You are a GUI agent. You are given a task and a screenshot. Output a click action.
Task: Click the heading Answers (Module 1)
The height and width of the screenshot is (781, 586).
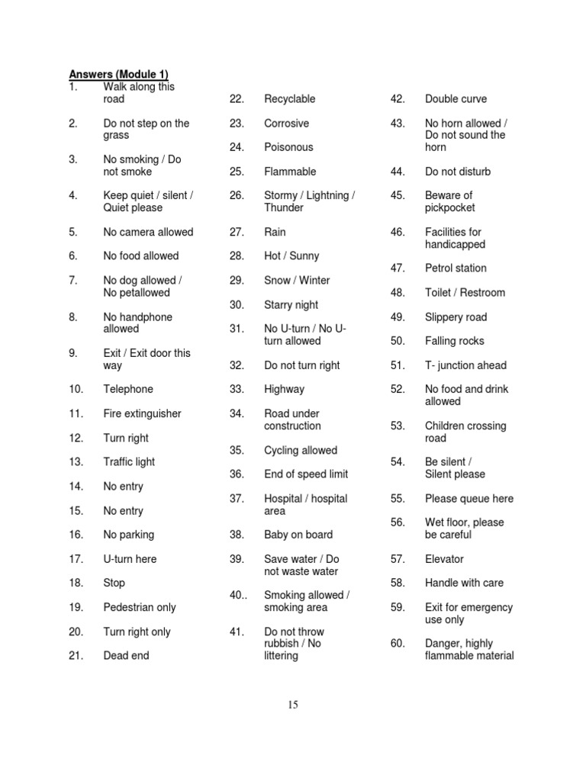tap(118, 74)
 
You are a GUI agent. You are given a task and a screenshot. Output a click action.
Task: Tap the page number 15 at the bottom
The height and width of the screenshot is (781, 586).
tap(293, 705)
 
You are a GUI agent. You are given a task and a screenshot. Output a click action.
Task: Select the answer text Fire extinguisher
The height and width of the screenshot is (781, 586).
tap(143, 413)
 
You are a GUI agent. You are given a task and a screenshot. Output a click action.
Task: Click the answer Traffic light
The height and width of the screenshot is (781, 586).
tap(129, 462)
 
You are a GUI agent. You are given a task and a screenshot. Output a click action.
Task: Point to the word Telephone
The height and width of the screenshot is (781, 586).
tap(128, 389)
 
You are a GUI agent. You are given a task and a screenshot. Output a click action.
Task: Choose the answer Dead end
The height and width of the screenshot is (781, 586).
tap(127, 655)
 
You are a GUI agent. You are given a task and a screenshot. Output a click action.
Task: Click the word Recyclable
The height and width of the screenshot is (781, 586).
tap(290, 99)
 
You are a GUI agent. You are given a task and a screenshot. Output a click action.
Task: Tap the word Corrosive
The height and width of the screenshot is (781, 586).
tap(287, 123)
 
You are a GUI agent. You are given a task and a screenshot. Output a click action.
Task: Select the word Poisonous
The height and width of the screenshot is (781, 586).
tap(288, 147)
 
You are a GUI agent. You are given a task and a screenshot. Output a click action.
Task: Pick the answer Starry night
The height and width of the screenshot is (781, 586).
tap(291, 304)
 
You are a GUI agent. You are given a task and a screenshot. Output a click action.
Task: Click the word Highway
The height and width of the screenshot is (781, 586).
tap(284, 389)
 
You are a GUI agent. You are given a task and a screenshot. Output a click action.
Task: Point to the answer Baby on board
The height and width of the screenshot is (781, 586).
tap(298, 535)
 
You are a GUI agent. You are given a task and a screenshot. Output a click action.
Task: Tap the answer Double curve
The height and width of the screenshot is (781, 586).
tap(456, 99)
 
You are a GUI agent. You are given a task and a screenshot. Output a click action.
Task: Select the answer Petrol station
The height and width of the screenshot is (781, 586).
tap(456, 268)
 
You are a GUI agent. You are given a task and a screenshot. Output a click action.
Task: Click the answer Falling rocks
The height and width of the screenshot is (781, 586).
tap(455, 341)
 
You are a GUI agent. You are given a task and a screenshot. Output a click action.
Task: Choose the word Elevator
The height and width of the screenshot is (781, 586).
tap(444, 559)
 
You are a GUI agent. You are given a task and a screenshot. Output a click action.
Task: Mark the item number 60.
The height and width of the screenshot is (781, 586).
tap(398, 644)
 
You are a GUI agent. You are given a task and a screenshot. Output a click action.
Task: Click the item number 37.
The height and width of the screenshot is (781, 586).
tap(237, 499)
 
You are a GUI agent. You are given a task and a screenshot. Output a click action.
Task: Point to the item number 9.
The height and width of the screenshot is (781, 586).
tap(73, 353)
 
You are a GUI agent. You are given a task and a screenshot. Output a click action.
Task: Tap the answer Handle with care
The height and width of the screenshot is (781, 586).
tap(464, 583)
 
